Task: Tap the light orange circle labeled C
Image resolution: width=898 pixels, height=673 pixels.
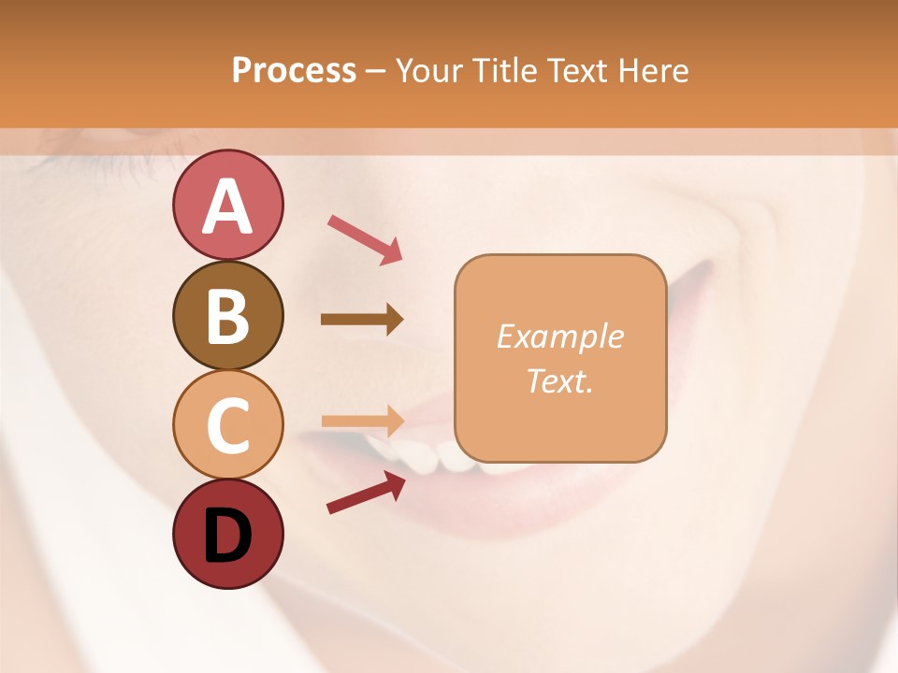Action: [x=227, y=425]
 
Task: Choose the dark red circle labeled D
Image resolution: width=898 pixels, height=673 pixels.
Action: [x=227, y=535]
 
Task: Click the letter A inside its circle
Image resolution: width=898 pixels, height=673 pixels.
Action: [x=227, y=206]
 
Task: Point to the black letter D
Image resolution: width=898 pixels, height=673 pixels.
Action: [x=227, y=536]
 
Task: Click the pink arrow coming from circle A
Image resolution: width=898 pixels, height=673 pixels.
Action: [x=365, y=239]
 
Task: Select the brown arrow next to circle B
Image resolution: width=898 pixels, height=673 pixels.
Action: [x=362, y=319]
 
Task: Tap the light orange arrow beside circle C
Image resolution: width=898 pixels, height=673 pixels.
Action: [x=362, y=422]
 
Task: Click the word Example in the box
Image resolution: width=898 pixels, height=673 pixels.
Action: [x=560, y=336]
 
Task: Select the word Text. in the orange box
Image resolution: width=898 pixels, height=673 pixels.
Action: [x=560, y=380]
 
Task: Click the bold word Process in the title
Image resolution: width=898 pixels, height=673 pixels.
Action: [x=294, y=71]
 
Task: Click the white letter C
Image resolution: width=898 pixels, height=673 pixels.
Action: [x=227, y=426]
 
